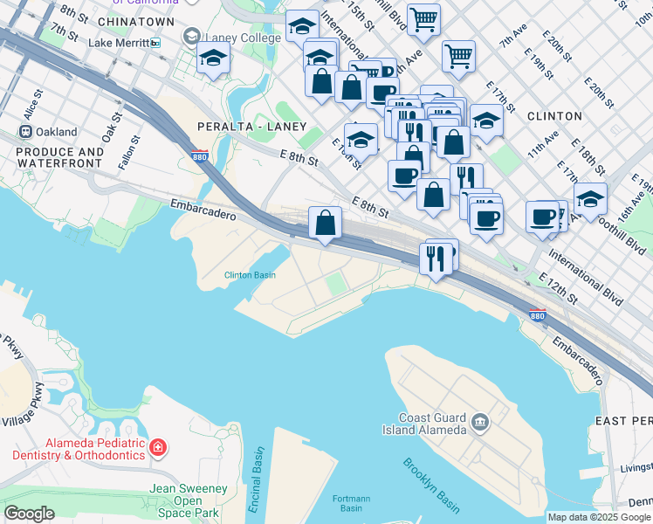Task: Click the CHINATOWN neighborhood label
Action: click(138, 20)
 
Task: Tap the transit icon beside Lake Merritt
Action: click(155, 42)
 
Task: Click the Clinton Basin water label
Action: click(251, 275)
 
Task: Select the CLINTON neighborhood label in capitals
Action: click(554, 115)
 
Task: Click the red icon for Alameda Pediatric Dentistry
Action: click(158, 448)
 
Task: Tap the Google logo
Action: click(29, 514)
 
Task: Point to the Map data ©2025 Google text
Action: click(599, 517)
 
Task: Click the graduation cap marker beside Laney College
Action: click(213, 60)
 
